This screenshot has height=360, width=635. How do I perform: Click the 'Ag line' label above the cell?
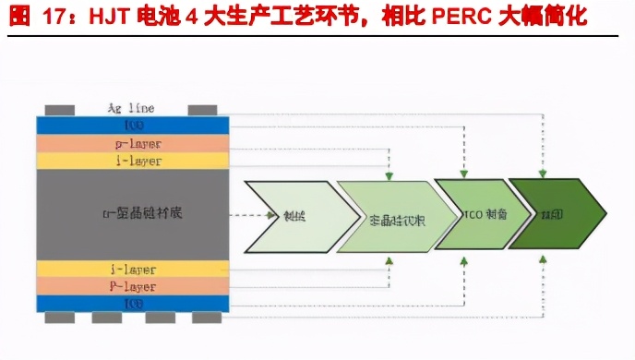click(133, 108)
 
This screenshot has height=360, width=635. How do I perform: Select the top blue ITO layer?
click(133, 125)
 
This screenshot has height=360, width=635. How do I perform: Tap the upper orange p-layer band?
click(133, 143)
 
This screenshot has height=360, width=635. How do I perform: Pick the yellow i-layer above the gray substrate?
click(133, 161)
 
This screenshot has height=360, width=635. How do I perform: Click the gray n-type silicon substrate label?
click(133, 213)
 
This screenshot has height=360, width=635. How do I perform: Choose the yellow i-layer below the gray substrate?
click(133, 269)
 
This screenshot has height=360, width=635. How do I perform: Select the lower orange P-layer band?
click(133, 286)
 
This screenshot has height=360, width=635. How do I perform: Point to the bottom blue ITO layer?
click(133, 304)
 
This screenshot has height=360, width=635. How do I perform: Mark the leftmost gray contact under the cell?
click(58, 318)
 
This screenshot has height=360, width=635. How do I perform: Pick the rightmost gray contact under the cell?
click(208, 318)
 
